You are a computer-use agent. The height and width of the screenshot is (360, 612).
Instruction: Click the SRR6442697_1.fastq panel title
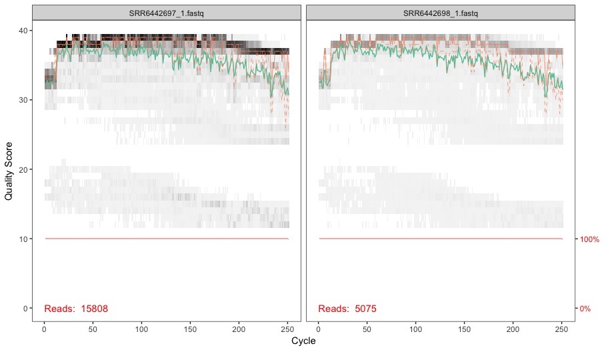pos(167,13)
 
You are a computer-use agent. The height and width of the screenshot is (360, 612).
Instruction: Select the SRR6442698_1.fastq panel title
pos(441,13)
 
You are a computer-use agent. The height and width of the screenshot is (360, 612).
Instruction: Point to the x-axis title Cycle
pos(303,341)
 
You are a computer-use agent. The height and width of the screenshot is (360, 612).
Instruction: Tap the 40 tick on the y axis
pos(23,31)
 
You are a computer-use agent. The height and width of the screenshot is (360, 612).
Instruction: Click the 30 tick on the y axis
pos(23,100)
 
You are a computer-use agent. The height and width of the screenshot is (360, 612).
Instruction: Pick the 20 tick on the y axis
pos(23,169)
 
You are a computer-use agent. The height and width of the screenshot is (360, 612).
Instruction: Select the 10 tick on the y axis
pos(23,239)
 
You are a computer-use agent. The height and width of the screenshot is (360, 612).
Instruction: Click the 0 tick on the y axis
pos(25,308)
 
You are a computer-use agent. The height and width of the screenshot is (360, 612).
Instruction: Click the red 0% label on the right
pos(585,309)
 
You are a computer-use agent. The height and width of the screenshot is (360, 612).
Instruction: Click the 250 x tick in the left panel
pos(287,329)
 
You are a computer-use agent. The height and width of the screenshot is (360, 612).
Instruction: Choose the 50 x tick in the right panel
pos(367,329)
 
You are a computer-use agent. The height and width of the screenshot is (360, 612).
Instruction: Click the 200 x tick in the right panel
pos(513,329)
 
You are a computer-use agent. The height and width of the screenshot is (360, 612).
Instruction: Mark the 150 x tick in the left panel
pos(190,329)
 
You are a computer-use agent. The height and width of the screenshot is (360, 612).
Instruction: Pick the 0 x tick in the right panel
pos(318,329)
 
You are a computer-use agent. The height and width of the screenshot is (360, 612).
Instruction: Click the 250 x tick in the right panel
pos(561,329)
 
